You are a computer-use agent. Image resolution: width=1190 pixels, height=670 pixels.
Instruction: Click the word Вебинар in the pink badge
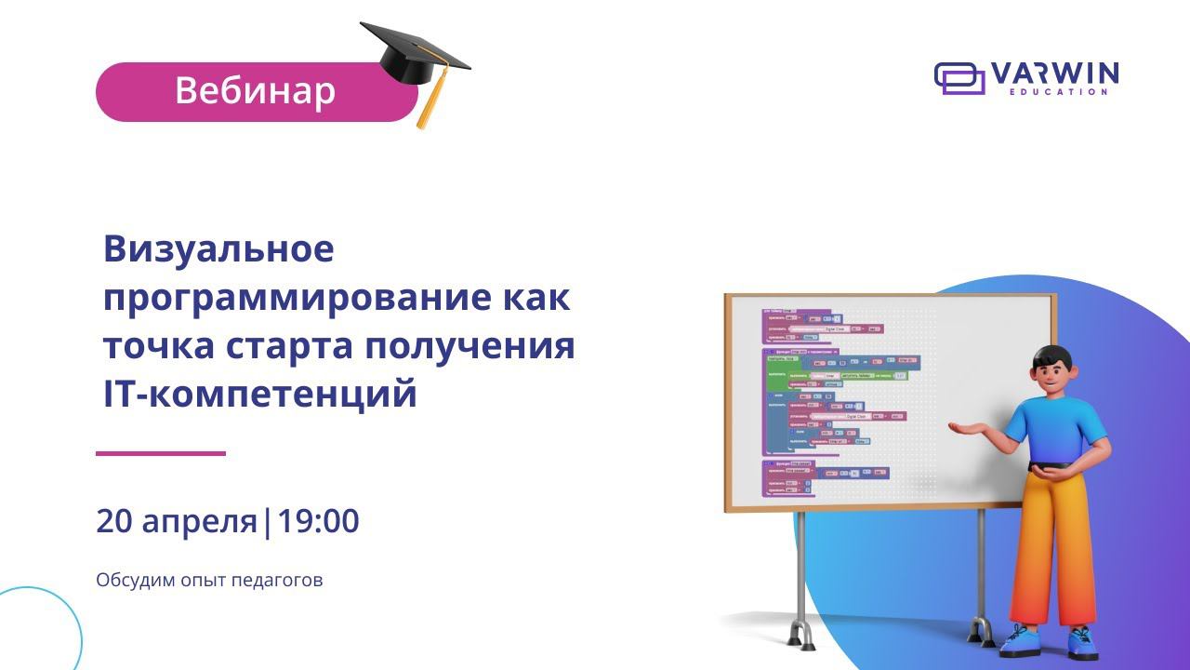point(255,91)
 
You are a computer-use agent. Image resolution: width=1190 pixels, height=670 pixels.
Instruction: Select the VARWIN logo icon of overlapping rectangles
point(959,78)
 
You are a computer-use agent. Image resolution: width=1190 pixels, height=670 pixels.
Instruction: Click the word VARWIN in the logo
point(1054,74)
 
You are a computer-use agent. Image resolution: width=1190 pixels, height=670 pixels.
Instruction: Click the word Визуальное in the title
point(218,249)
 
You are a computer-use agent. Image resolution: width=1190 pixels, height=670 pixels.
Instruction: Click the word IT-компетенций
point(259,395)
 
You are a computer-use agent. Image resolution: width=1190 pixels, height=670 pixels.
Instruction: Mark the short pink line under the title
point(161,453)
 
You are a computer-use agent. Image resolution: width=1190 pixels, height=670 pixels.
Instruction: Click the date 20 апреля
point(176,522)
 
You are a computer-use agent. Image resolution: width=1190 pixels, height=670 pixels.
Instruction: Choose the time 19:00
point(318,522)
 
